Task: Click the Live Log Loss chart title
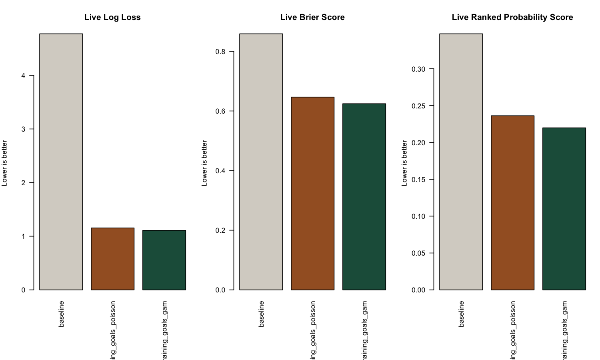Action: tap(112, 17)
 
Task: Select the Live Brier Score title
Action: tap(312, 17)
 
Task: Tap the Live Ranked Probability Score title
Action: tap(512, 17)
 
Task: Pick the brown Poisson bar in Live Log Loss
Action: tap(112, 259)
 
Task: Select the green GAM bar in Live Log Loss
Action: tap(164, 260)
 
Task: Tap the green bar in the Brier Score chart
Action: tap(364, 196)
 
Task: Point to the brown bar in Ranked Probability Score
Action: tap(512, 202)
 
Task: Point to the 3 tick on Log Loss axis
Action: tap(23, 129)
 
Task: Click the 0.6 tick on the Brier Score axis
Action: tap(220, 111)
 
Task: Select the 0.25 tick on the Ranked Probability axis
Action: tap(418, 106)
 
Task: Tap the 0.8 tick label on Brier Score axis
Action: tap(220, 52)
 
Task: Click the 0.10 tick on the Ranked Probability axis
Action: tap(418, 216)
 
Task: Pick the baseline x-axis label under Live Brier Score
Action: tap(262, 314)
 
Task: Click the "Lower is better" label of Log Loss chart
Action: tap(5, 163)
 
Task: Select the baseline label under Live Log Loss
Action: tap(62, 314)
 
